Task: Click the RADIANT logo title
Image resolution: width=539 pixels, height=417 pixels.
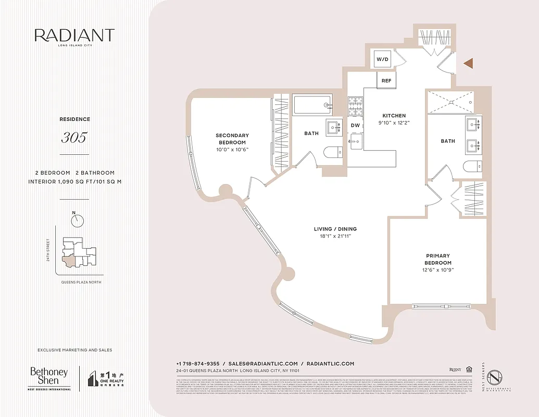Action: (x=74, y=35)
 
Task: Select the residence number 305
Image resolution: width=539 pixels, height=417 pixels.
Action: (x=74, y=138)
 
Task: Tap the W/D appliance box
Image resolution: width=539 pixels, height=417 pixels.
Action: (x=383, y=59)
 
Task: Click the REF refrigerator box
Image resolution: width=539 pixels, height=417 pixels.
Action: (x=386, y=81)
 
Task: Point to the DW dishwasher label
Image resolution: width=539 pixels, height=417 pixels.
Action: (x=355, y=126)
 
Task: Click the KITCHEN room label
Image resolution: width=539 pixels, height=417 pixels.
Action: (x=394, y=116)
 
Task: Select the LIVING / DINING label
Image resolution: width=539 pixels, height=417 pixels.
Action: (x=335, y=229)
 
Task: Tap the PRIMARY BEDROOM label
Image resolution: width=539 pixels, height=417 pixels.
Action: (x=438, y=259)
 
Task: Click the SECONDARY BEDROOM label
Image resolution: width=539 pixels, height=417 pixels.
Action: (x=232, y=139)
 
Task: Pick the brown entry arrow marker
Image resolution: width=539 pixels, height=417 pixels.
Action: (x=468, y=64)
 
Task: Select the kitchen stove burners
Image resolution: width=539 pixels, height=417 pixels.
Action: (x=355, y=107)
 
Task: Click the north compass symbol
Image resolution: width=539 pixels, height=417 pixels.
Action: (x=78, y=220)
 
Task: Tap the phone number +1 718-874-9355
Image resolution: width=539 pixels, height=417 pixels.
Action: (x=197, y=363)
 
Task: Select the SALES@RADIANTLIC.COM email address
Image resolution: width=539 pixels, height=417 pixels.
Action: (x=263, y=363)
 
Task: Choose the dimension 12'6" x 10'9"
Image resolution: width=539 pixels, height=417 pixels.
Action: (x=438, y=270)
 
